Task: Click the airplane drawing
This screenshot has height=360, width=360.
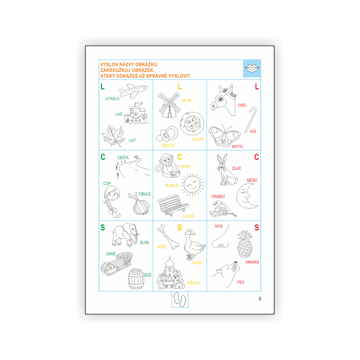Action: [x=133, y=91]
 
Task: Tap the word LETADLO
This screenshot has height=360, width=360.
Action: [x=112, y=99]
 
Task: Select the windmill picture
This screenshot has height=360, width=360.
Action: [x=169, y=105]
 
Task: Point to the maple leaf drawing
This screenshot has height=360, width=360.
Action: [x=113, y=136]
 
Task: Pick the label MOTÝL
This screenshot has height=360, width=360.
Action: [x=237, y=147]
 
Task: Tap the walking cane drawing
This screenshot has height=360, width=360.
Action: [x=251, y=120]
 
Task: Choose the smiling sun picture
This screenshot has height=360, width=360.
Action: [x=193, y=185]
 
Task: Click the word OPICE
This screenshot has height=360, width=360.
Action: [x=185, y=167]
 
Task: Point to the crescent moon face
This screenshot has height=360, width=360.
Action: [x=247, y=196]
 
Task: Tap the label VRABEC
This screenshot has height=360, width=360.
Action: [x=218, y=197]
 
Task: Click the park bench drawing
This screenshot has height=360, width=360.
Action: [x=172, y=205]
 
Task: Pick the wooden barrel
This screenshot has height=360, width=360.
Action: [x=136, y=279]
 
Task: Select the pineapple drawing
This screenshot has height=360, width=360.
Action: [x=245, y=244]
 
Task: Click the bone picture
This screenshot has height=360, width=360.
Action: [x=168, y=237]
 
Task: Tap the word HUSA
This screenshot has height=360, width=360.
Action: [x=197, y=263]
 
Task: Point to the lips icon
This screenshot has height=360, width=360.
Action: [x=252, y=68]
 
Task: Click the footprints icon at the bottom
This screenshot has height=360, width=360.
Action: [x=180, y=300]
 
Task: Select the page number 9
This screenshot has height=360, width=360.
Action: [x=260, y=299]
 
